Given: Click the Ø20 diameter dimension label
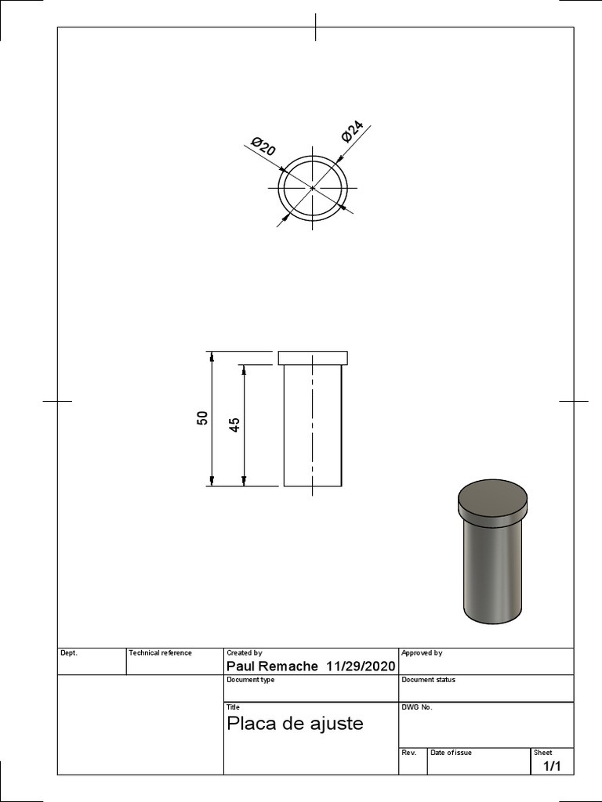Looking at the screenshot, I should coord(263,146).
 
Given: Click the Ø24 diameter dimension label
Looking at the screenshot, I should coord(353,132).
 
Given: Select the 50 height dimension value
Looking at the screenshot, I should coord(203,418).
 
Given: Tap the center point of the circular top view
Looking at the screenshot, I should coord(312,188).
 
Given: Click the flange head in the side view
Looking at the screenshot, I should coord(312,358).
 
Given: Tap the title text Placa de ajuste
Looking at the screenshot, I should coord(295,723).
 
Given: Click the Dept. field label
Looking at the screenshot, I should coord(69,652).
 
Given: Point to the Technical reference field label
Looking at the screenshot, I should coord(160,652).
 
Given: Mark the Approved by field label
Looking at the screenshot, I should coord(422,652).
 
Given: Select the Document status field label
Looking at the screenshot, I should coord(428,680).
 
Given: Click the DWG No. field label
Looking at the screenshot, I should coord(417,707).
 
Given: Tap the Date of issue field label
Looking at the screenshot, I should coord(451,753).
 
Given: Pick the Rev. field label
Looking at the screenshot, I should coord(408,753).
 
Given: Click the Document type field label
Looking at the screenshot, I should coord(250,680).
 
